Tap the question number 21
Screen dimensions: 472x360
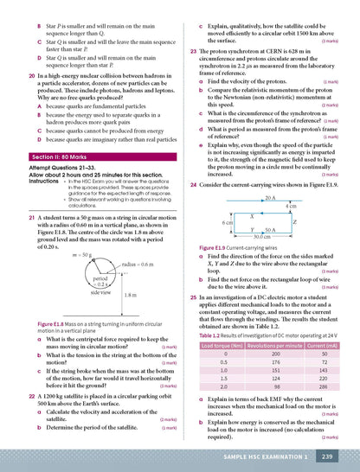click(21, 220)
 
